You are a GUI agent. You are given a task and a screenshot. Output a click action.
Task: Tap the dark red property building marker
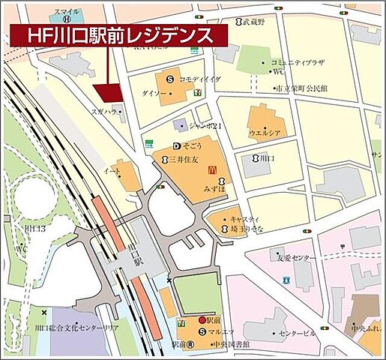point(109,92)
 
